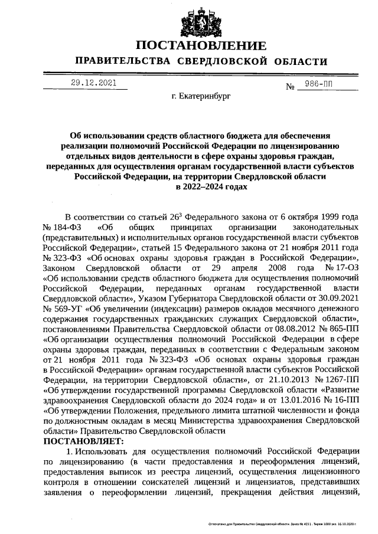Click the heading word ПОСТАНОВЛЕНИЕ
tap(201, 45)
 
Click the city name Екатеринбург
tap(201, 94)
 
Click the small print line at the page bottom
tap(283, 523)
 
